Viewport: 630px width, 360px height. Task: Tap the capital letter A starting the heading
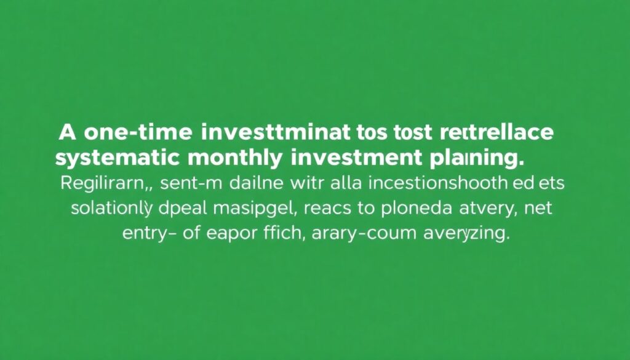[69, 132]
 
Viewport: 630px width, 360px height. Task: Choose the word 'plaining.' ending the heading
[474, 158]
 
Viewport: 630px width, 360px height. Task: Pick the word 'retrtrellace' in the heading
[498, 132]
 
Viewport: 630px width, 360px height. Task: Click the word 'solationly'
[111, 209]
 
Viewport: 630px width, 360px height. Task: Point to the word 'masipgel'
[255, 209]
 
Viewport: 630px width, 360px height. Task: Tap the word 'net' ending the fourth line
[537, 208]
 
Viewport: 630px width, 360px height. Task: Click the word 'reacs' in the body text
[329, 209]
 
